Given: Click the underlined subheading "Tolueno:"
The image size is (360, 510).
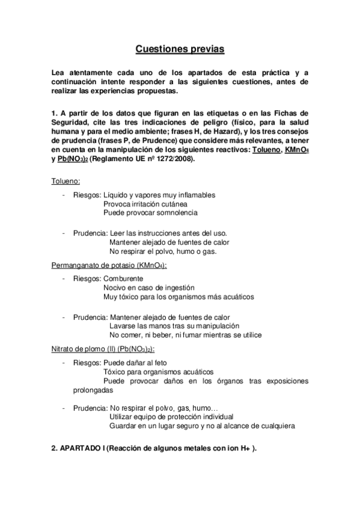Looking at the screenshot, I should click(x=66, y=181).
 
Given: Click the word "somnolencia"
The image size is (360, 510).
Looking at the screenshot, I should click(x=178, y=212).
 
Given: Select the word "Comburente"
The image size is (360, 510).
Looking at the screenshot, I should click(x=123, y=280).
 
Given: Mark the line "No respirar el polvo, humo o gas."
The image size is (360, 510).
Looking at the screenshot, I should click(x=163, y=251).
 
